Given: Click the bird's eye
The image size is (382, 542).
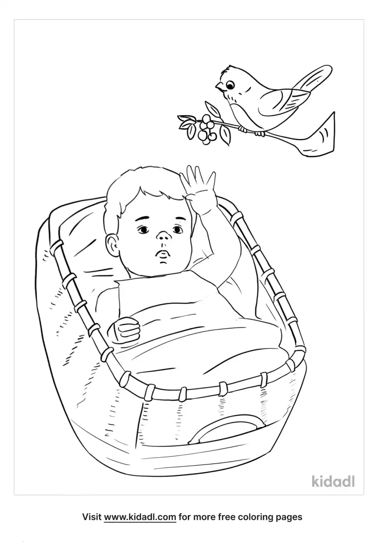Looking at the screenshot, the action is click(x=230, y=85).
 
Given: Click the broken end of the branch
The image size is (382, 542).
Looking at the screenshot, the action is click(x=322, y=138).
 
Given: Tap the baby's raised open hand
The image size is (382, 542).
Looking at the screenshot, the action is click(x=198, y=186).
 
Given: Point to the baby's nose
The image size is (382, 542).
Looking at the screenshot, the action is click(x=163, y=236).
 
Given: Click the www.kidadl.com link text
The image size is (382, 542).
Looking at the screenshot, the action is click(x=140, y=517).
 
